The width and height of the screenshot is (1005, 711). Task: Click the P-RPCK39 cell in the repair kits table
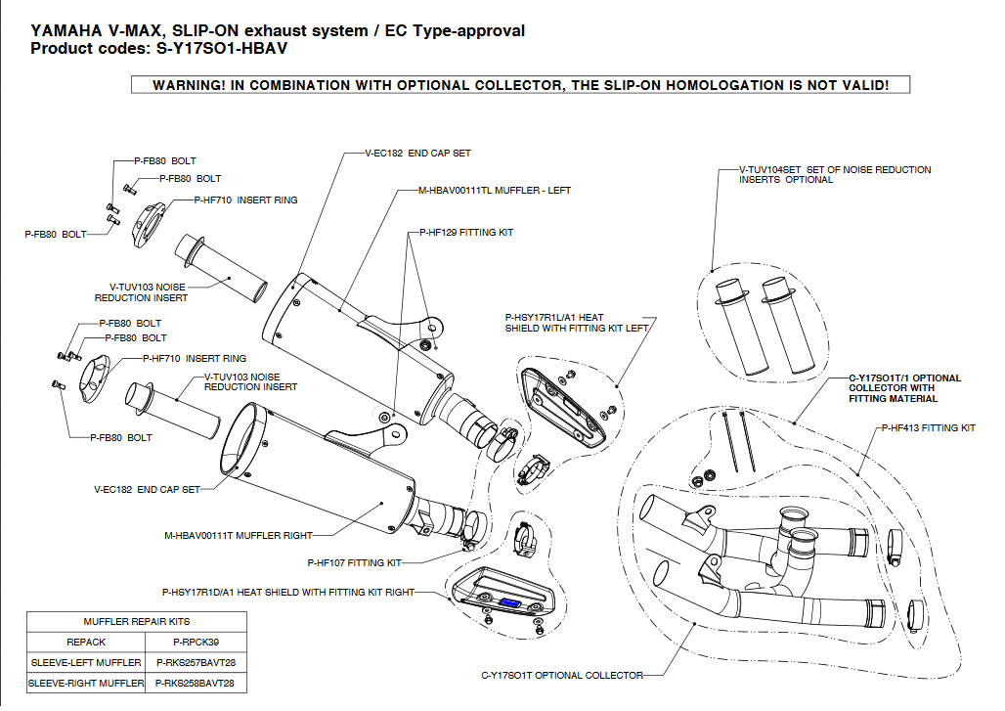pos(197,643)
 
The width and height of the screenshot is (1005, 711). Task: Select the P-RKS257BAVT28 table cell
pos(197,663)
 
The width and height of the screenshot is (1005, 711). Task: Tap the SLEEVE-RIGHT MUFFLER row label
pos(86,684)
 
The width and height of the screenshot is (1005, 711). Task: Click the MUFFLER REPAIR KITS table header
pos(137,621)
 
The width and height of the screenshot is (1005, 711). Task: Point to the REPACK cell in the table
pos(86,643)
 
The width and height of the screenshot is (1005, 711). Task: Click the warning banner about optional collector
pos(520,85)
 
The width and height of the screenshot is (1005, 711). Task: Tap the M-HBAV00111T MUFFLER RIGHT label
pos(239,535)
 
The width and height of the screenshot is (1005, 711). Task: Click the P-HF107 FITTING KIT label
pos(354,563)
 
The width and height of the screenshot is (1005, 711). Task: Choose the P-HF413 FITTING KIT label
pos(928,428)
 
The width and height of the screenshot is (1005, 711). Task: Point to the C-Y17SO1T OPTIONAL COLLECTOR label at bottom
pos(562,675)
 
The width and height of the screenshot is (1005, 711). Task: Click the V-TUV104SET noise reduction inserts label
pos(835,175)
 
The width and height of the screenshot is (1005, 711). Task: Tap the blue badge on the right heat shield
pos(508,602)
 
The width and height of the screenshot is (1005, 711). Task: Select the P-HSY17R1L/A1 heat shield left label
pos(576,323)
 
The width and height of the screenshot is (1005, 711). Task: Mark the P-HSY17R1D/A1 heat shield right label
pos(287,592)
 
